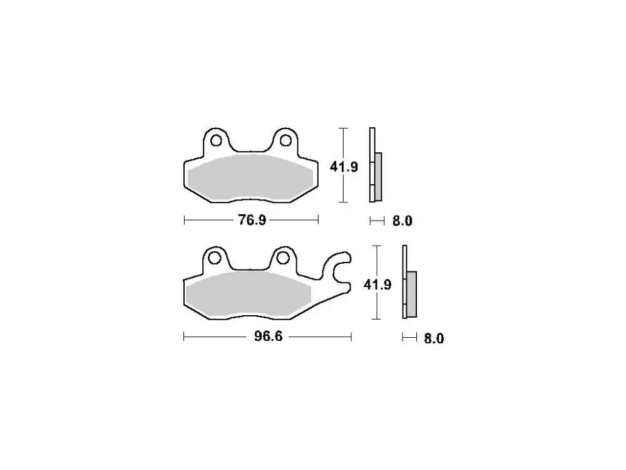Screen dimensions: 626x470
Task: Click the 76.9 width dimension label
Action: click(x=252, y=220)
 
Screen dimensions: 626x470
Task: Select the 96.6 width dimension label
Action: click(x=269, y=337)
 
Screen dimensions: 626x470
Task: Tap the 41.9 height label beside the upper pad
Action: click(x=344, y=167)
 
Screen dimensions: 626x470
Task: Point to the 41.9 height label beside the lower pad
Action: click(x=377, y=285)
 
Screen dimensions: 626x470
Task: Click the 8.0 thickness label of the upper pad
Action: click(x=402, y=221)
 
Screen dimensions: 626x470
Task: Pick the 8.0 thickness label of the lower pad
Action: click(x=434, y=338)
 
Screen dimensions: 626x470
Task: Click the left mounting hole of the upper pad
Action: click(x=216, y=140)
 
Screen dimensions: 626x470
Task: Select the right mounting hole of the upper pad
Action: click(x=285, y=140)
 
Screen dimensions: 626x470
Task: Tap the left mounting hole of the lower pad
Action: click(x=215, y=258)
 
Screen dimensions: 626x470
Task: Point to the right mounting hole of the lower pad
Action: click(x=283, y=258)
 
